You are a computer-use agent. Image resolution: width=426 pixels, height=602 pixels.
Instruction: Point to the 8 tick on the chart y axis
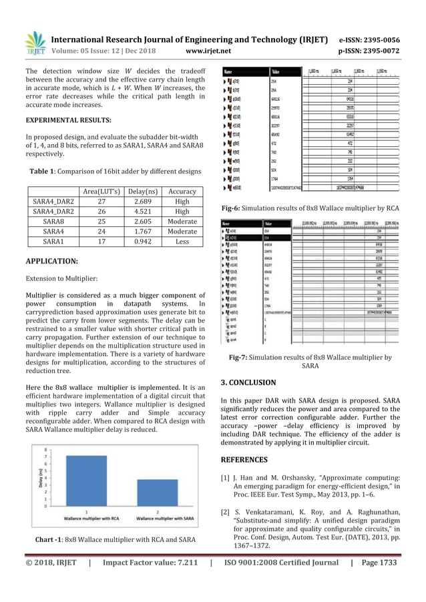click(45, 449)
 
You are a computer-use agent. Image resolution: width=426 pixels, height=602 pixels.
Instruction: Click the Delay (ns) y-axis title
click(32, 477)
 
